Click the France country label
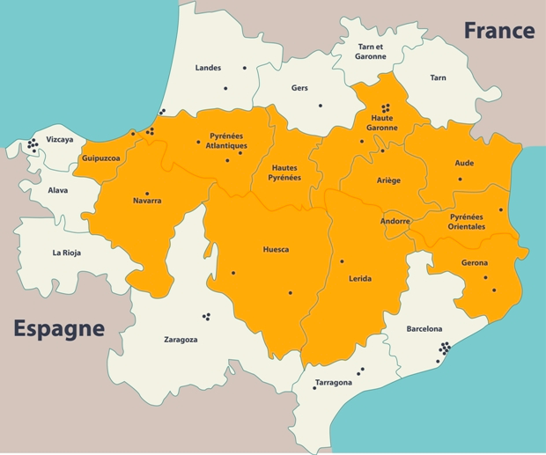(x=498, y=31)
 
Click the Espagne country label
(x=59, y=329)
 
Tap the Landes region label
(x=208, y=68)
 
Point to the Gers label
(x=299, y=88)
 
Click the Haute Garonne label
(x=383, y=122)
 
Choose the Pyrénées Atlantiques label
(x=228, y=141)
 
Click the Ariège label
(x=388, y=180)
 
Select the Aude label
(x=464, y=163)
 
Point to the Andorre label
(x=395, y=222)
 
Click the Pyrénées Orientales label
(x=467, y=221)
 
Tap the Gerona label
(x=475, y=263)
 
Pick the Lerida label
(x=359, y=278)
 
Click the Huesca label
(x=276, y=249)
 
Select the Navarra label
(x=147, y=201)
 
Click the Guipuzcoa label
(x=100, y=158)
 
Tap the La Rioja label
(x=67, y=253)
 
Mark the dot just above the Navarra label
(x=147, y=193)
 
